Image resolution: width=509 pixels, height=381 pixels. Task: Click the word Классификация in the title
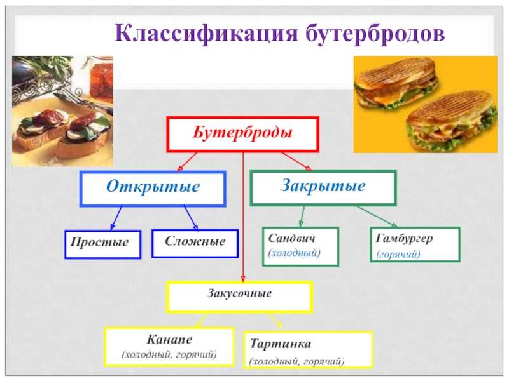[x=206, y=33]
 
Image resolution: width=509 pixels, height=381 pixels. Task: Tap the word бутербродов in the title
[x=375, y=33]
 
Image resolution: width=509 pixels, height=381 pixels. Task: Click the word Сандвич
[x=291, y=238]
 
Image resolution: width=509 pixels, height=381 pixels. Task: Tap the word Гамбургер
[x=404, y=239]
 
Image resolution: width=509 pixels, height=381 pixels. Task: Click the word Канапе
[x=169, y=339]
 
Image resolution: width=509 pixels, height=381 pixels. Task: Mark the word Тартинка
[x=281, y=344]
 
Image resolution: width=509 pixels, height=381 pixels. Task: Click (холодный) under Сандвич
[x=294, y=253]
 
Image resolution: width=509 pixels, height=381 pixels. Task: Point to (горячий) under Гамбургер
[x=398, y=254]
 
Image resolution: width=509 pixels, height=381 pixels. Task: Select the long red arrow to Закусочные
[x=243, y=217]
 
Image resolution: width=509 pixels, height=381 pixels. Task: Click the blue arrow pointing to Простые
[x=116, y=218]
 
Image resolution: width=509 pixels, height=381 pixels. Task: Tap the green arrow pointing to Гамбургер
[x=377, y=216]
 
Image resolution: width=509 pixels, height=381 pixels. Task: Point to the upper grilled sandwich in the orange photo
[x=395, y=83]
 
